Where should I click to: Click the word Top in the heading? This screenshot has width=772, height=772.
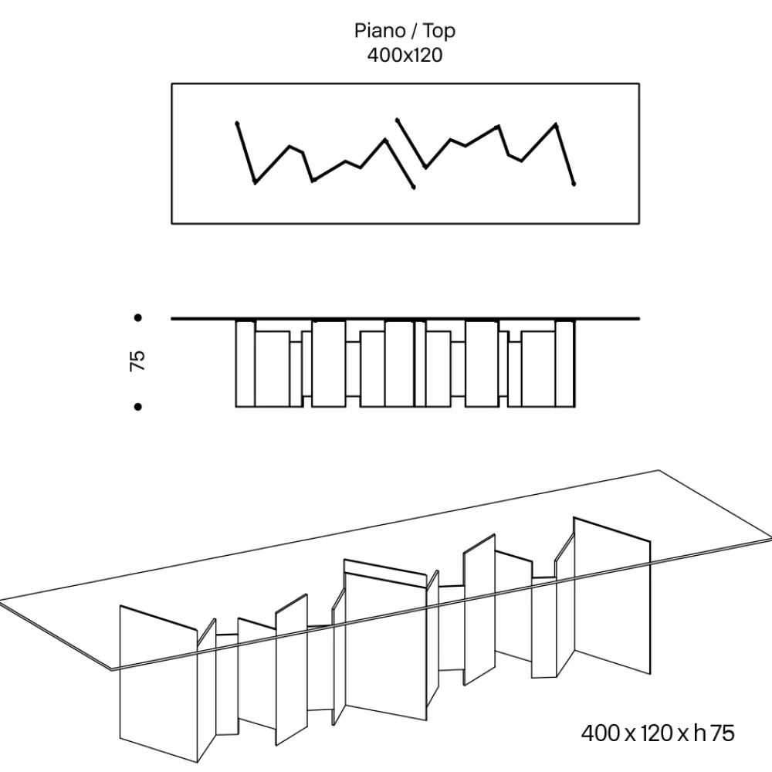(x=439, y=32)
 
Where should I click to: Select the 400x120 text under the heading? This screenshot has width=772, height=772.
(x=405, y=55)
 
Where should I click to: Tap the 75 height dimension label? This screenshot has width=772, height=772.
(x=137, y=361)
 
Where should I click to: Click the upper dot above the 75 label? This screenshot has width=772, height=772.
(x=138, y=318)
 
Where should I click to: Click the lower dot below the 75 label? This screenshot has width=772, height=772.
(x=138, y=407)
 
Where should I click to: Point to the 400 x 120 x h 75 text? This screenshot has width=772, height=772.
(x=658, y=733)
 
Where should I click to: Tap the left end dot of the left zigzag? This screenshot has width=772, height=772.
(x=237, y=123)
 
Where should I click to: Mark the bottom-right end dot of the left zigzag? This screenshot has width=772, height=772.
(x=414, y=187)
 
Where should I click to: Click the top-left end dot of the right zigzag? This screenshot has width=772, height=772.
(x=398, y=120)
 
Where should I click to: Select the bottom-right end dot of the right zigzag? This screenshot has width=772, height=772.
(x=574, y=185)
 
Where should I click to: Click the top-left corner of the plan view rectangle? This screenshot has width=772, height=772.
(x=172, y=83)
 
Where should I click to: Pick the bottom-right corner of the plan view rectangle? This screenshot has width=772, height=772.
(x=639, y=224)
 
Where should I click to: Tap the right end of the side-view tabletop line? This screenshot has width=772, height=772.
(x=639, y=319)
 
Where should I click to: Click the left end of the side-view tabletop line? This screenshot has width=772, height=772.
(x=171, y=319)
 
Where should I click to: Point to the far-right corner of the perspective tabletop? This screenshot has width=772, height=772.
(x=771, y=537)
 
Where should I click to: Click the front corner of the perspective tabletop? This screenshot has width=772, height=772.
(x=112, y=670)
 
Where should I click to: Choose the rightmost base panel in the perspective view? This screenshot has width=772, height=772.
(x=612, y=595)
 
